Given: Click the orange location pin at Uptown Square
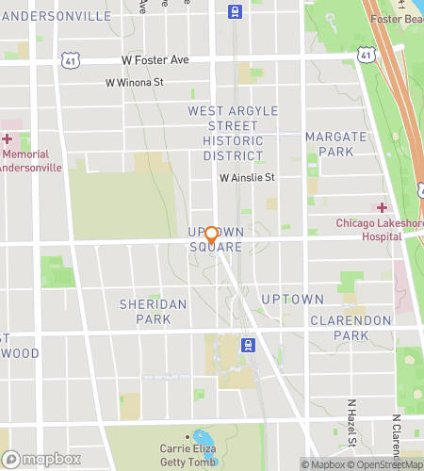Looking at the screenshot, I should click(212, 235).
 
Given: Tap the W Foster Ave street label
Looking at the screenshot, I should click(155, 59).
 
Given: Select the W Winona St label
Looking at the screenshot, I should click(134, 83).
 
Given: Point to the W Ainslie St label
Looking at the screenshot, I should click(246, 177).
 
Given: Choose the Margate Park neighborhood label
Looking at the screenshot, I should click(329, 144).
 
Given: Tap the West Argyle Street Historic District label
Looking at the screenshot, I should click(233, 133).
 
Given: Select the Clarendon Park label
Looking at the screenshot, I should click(351, 328).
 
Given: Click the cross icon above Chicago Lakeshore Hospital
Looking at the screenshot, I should click(383, 207).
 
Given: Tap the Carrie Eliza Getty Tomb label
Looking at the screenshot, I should click(197, 455).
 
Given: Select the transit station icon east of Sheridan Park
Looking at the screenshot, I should click(247, 344).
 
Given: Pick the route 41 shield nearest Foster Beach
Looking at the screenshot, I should click(365, 57).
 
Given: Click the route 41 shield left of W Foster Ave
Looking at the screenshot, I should click(73, 60).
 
